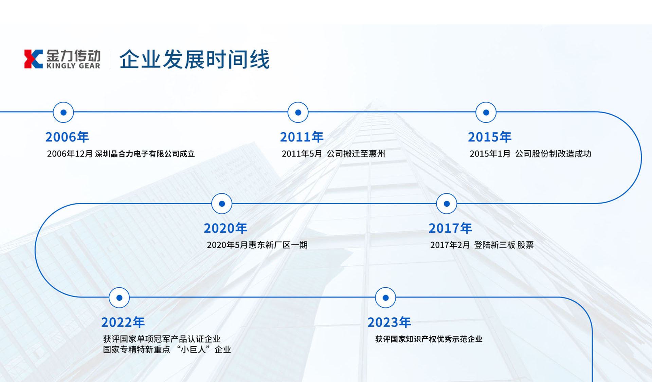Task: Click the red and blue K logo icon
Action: point(33,59)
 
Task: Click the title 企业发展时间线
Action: point(195,59)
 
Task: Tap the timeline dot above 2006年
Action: point(64,112)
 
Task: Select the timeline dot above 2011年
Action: point(298,112)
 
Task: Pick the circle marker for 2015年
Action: point(486,112)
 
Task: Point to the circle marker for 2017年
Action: point(447,204)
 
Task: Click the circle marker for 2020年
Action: point(222,204)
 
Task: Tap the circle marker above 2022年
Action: point(119,298)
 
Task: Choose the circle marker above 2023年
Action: point(385,298)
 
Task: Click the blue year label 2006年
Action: point(67,137)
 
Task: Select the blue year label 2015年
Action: point(490,137)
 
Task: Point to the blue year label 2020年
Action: point(225,228)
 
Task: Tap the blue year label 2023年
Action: point(389,322)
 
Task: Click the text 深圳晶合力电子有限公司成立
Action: point(145,154)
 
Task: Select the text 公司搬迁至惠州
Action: point(356,154)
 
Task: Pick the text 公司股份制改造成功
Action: point(553,154)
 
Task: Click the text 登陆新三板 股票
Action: point(504,245)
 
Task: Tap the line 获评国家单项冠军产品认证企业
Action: point(162,339)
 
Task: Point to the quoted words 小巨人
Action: point(193,349)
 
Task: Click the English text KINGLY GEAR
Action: point(73,66)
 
